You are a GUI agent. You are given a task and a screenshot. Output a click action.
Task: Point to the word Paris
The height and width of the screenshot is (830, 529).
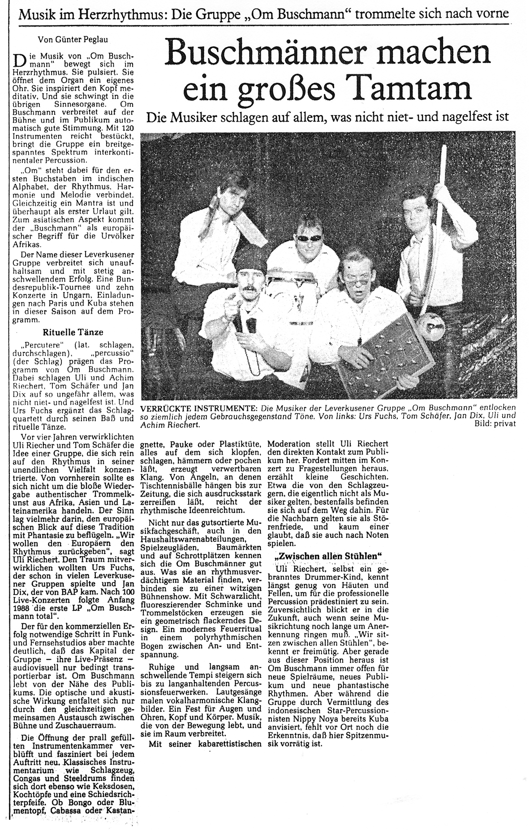(x=62, y=305)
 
